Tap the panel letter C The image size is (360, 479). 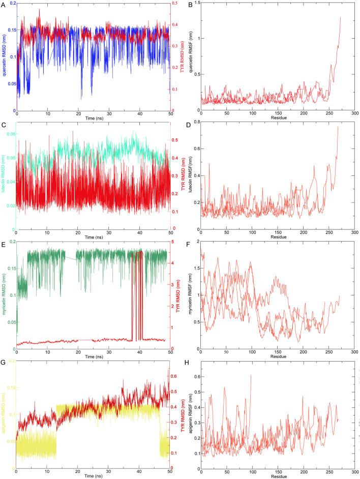3,124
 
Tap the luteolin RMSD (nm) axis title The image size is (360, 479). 4,176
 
